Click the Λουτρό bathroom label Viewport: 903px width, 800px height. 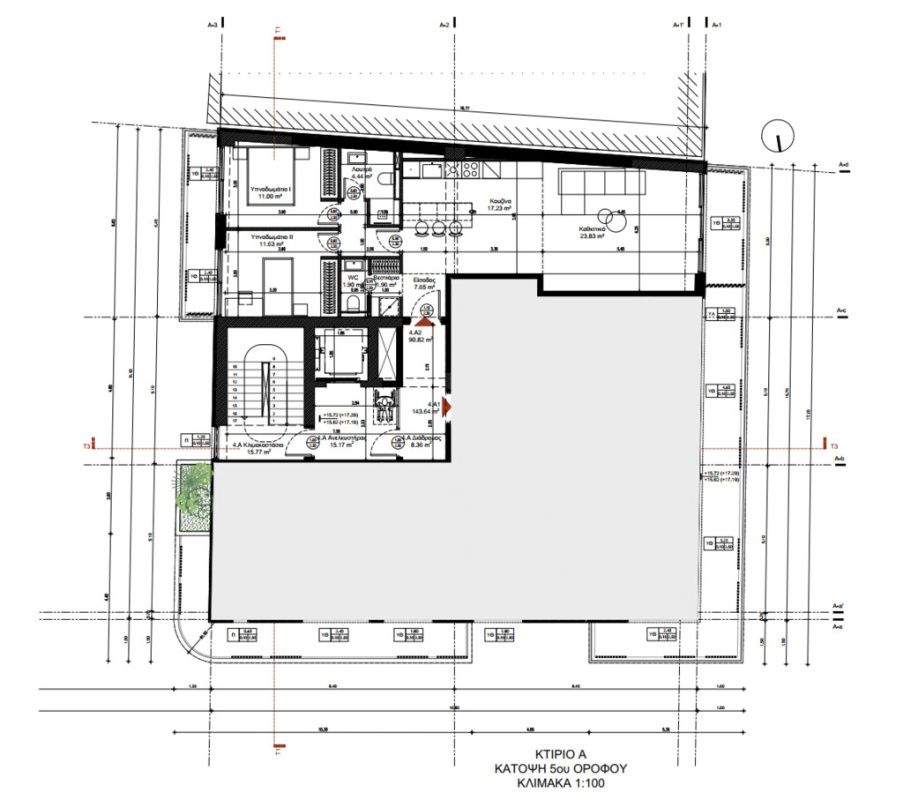[x=361, y=175]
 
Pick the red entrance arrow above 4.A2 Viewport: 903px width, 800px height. [x=425, y=321]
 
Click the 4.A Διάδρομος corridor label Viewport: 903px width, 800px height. [x=413, y=443]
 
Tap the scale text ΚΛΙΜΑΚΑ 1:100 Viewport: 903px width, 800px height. [x=550, y=786]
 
